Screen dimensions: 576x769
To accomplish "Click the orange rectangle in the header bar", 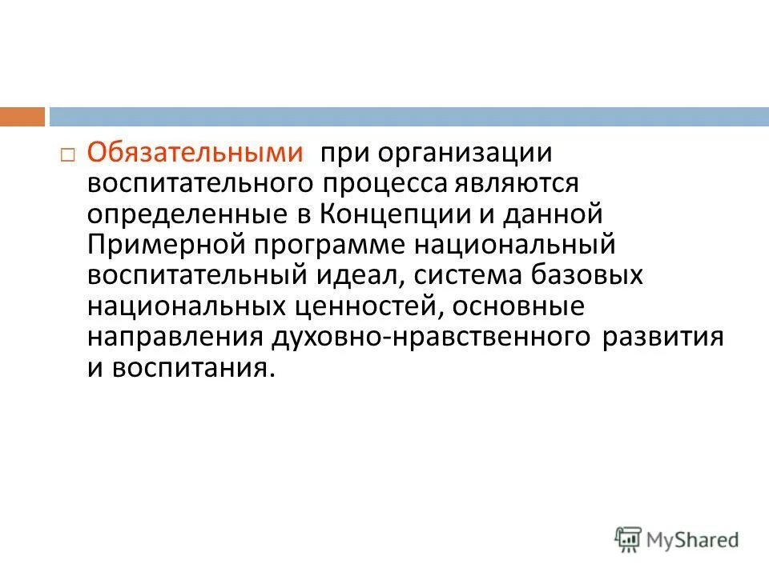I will tap(22, 116).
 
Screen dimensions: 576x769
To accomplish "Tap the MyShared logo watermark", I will tap(677, 540).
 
